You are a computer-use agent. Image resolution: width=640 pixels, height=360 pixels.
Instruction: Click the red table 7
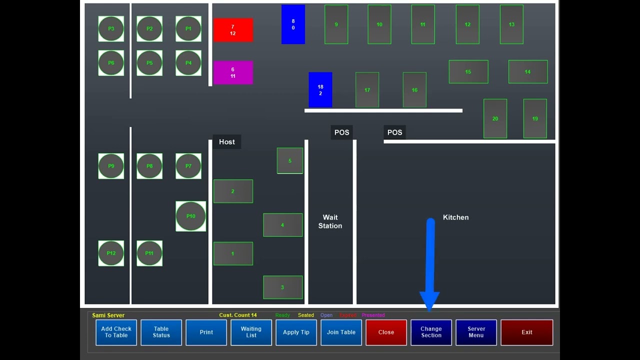(233, 30)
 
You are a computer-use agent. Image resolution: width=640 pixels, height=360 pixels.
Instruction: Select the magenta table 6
(233, 72)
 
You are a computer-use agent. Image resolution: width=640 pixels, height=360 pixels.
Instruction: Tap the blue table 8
(293, 24)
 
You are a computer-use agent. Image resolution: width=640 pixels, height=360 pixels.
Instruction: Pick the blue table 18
(320, 90)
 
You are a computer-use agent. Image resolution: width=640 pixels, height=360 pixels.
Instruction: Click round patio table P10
(190, 216)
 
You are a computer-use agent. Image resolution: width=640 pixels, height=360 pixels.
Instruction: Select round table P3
(111, 29)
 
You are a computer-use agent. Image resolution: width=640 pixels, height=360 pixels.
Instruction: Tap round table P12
(111, 253)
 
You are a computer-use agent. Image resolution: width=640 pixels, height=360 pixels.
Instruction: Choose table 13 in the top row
(511, 24)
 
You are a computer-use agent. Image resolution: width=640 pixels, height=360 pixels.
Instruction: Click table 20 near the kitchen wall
(495, 118)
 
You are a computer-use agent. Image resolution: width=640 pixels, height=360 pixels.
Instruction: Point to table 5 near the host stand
(290, 160)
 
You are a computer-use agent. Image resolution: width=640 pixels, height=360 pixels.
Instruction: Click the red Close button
(386, 332)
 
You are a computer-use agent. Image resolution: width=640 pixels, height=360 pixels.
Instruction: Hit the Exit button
(526, 332)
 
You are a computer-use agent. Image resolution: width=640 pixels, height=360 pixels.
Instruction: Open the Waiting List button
(251, 332)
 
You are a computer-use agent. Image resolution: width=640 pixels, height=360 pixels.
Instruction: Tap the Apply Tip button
(296, 332)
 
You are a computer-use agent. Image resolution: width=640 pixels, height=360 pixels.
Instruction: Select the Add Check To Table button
(116, 332)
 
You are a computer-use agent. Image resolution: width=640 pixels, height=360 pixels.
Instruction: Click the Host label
(226, 142)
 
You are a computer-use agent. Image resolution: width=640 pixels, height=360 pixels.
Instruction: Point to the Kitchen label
(455, 217)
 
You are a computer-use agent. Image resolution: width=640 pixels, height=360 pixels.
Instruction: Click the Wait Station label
(330, 221)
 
